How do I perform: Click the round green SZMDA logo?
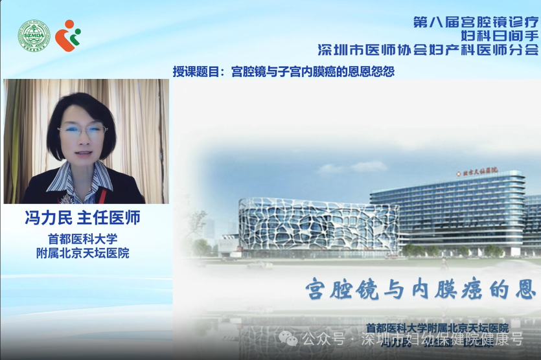[x=33, y=36]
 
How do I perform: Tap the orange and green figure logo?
[x=67, y=35]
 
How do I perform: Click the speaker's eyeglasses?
[x=83, y=130]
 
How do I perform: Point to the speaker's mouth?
[x=83, y=153]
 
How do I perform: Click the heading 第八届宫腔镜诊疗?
[x=476, y=21]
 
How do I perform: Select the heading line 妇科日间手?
[x=499, y=35]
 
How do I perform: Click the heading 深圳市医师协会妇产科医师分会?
[x=428, y=49]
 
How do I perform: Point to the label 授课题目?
[x=198, y=71]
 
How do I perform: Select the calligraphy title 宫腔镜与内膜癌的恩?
[x=421, y=289]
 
